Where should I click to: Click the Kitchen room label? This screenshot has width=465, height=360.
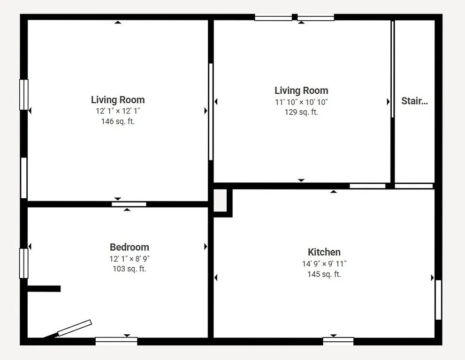pos(324,252)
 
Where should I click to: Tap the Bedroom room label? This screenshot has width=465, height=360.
pos(130,247)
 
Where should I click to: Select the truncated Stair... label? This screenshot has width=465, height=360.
pos(414,101)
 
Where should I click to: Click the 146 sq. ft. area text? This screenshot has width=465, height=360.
pos(118,121)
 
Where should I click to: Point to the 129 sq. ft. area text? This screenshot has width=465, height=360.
pos(301,112)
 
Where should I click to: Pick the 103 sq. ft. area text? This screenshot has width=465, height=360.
pos(130,269)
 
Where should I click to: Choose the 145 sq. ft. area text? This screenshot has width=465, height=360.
pos(324,274)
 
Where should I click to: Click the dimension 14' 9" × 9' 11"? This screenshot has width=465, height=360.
pos(324,264)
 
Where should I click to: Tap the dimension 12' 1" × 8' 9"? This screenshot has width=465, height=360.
pos(130,258)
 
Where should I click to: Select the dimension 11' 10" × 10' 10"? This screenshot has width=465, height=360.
pos(301,102)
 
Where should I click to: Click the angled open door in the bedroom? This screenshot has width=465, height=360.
pos(74,328)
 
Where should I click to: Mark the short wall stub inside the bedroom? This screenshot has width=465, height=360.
pos(44,289)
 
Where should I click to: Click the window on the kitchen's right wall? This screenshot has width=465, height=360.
pos(438,300)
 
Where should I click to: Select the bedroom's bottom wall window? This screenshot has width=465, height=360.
pos(116,341)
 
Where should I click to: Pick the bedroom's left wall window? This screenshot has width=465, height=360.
pos(23,263)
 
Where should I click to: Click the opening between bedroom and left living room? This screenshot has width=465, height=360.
pos(129,204)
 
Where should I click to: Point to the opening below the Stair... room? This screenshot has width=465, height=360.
pos(413,186)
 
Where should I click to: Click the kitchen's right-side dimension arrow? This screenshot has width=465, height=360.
pos(432,278)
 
